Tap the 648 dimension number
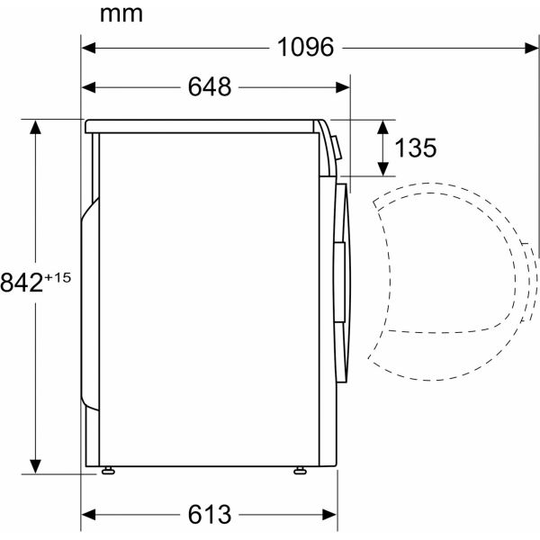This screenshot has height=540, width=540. pyautogui.click(x=210, y=87)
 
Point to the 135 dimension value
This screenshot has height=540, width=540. pyautogui.click(x=415, y=148)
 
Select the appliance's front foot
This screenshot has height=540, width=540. pyautogui.click(x=297, y=470)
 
